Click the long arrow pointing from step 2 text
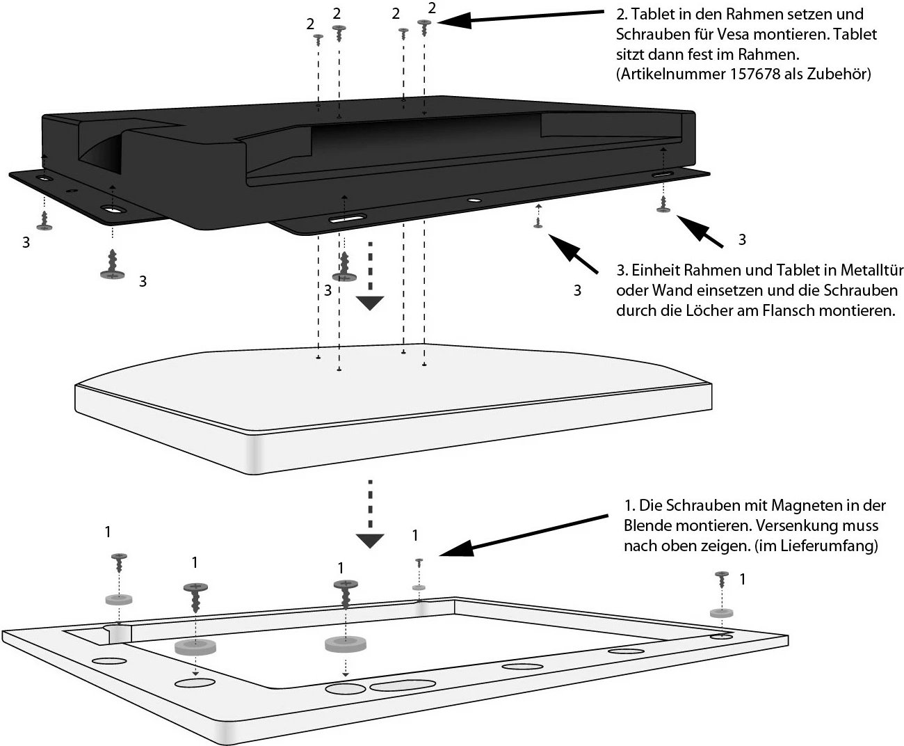click(521, 18)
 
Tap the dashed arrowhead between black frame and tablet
click(370, 301)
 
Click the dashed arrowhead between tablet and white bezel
click(370, 540)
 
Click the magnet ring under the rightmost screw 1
click(720, 613)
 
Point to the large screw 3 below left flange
click(111, 266)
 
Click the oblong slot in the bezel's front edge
click(403, 686)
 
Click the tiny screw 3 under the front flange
click(538, 223)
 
